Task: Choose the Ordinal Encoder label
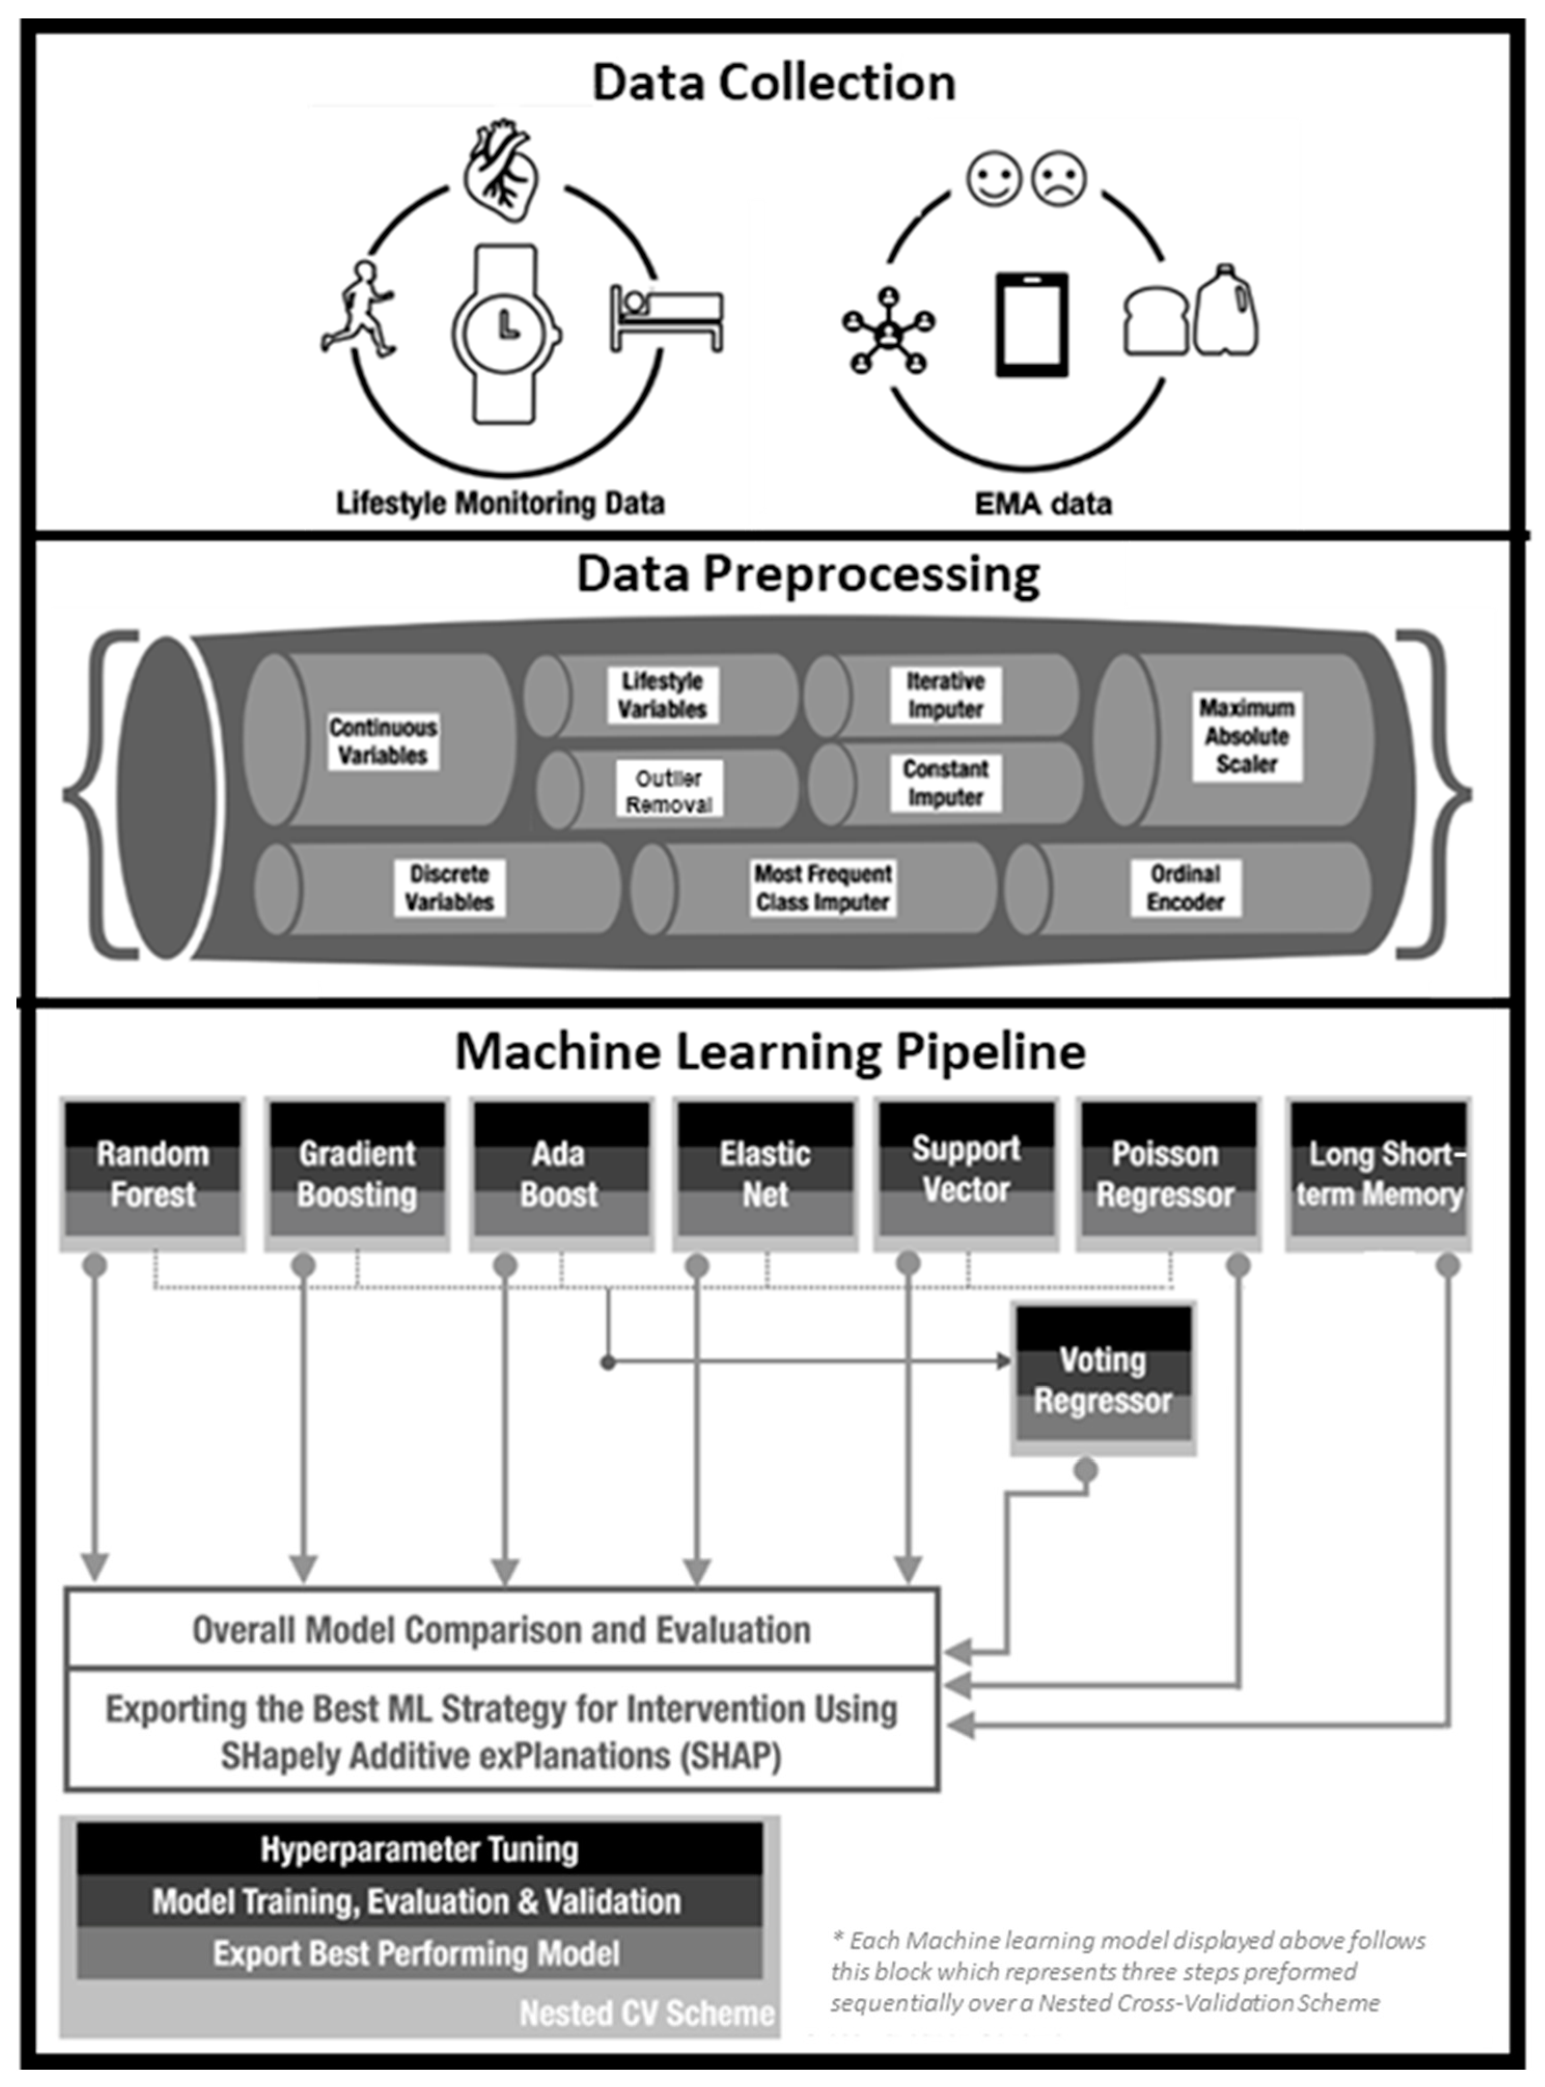tap(1185, 888)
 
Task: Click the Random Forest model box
tap(152, 1173)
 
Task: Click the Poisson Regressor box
tap(1166, 1173)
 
